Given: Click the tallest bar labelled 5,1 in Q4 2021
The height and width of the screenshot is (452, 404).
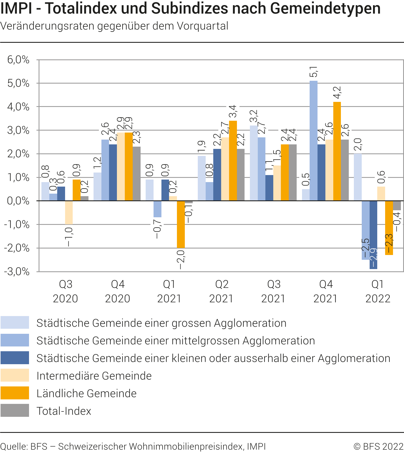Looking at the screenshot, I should tap(313, 141).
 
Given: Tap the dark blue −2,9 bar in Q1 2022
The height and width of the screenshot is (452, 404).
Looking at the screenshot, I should tap(373, 235).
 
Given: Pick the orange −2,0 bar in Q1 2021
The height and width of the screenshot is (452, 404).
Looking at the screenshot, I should tap(181, 224).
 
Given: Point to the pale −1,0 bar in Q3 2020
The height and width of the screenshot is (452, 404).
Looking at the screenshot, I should tap(69, 212).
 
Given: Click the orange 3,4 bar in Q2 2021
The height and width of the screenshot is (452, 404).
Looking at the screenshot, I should tap(233, 161).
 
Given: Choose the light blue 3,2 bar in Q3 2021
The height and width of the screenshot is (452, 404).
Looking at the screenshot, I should tap(254, 163).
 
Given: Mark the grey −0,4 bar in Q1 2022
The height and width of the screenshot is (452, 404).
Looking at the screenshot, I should tap(397, 205).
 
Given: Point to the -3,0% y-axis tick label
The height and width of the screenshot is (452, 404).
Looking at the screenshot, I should tap(17, 272).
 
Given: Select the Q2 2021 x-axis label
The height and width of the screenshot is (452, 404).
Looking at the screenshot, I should tap(221, 291).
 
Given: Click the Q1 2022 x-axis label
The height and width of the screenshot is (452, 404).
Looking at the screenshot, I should tap(378, 291).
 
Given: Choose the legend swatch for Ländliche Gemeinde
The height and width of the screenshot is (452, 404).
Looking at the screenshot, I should tap(15, 393).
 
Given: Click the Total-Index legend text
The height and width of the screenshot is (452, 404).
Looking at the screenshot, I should tap(64, 411).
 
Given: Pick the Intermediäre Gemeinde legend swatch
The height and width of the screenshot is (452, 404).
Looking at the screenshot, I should tap(15, 375).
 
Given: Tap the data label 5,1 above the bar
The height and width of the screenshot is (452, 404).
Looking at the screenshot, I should tap(314, 72).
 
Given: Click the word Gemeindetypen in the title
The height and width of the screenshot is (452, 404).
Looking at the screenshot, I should tap(325, 8).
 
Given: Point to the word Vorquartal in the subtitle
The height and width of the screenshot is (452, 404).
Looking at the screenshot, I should tap(202, 26).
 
